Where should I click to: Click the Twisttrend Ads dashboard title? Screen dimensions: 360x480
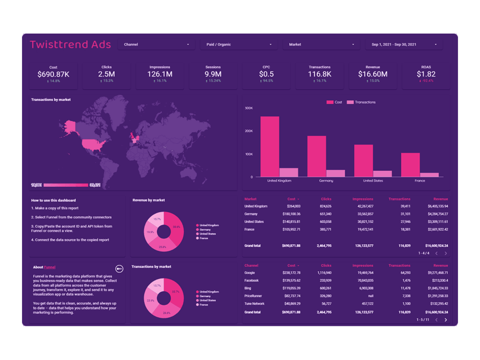71,45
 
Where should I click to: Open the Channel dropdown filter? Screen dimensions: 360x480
156,45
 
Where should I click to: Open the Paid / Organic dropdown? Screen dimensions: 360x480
239,45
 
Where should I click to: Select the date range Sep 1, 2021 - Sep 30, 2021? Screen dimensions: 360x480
404,45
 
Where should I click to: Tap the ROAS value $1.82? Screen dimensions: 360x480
426,74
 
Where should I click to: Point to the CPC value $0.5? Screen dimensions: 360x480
266,74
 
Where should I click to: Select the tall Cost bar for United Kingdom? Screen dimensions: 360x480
270,146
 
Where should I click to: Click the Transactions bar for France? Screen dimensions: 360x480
429,175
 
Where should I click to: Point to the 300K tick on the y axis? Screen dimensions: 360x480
249,108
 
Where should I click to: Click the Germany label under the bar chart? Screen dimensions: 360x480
326,181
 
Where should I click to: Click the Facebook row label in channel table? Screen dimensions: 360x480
252,280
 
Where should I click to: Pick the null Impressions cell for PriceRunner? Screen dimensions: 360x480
369,296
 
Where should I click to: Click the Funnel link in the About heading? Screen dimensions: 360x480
49,267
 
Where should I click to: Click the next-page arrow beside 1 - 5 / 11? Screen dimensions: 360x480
445,320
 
